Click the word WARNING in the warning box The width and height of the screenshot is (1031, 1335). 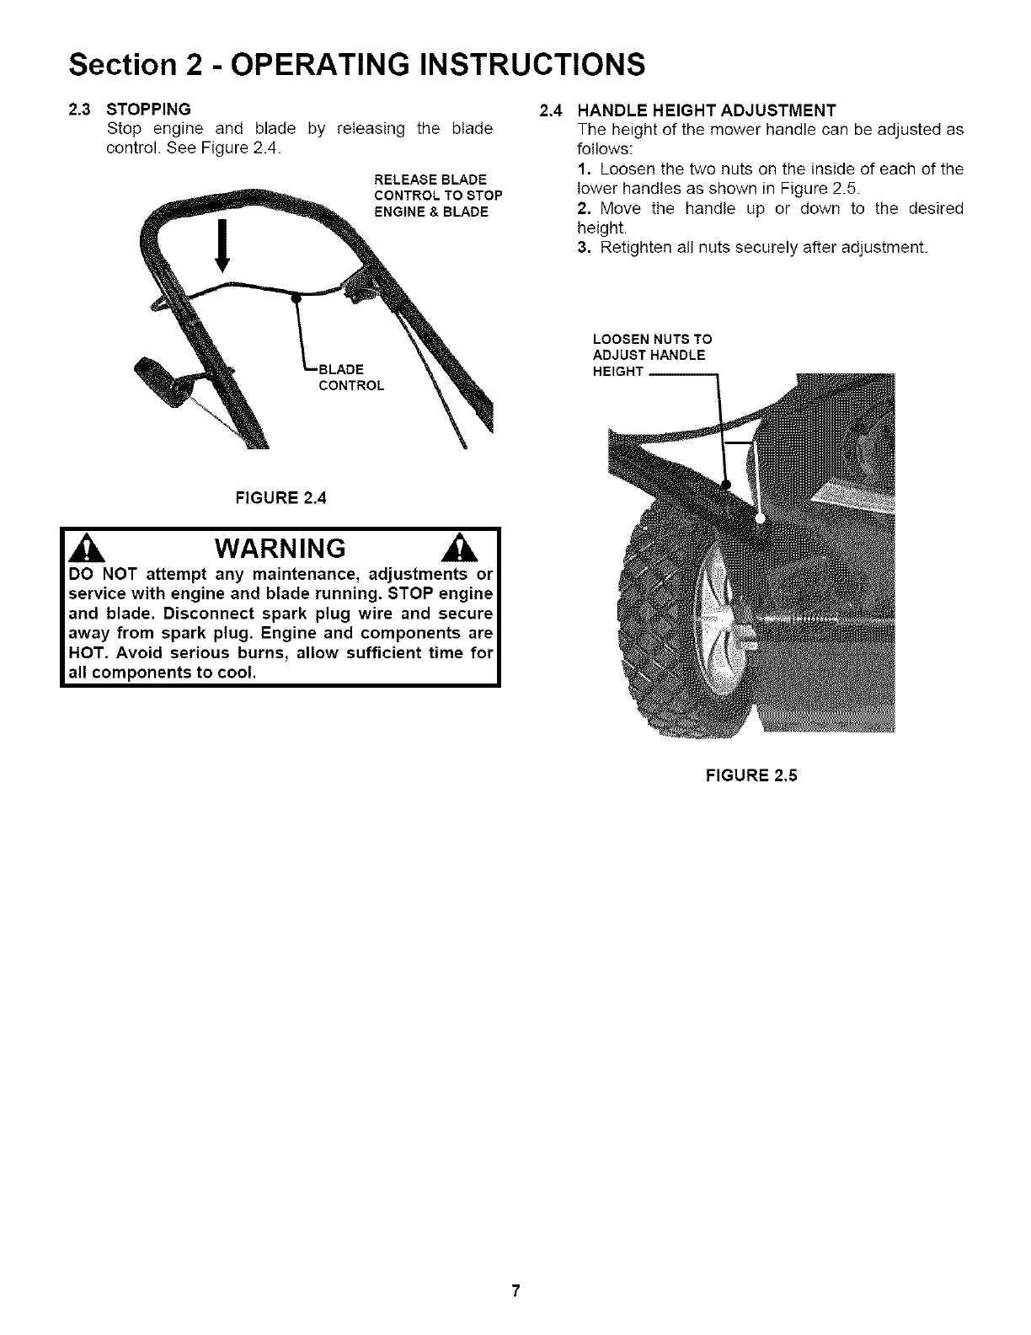[x=280, y=549]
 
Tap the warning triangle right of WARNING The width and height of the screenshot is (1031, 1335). [x=474, y=550]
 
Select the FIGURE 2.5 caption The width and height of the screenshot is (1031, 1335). [x=751, y=775]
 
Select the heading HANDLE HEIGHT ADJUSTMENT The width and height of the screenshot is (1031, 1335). [x=706, y=110]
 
